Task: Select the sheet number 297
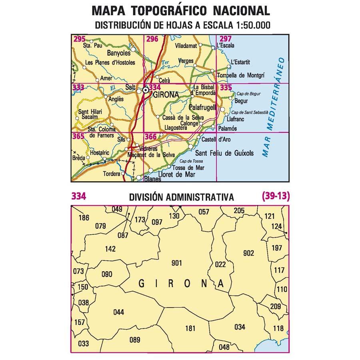(x=226, y=39)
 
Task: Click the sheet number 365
(x=79, y=136)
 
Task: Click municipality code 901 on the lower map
(x=176, y=263)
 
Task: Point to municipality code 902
(x=248, y=253)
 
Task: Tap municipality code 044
(x=118, y=312)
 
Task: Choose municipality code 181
(x=190, y=329)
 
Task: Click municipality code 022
(x=220, y=264)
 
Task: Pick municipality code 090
(x=107, y=274)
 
